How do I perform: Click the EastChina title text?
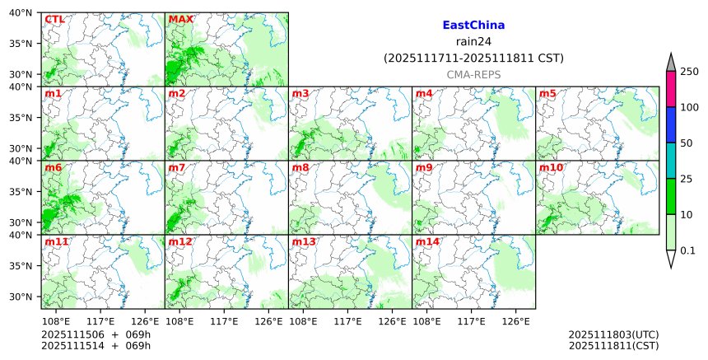tap(473, 26)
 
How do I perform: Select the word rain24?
tap(473, 42)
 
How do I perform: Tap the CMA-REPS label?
tap(473, 74)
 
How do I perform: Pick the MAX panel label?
tap(180, 19)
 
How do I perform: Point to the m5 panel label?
tap(548, 93)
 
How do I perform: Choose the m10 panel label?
tap(552, 167)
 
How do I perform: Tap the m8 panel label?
tap(300, 167)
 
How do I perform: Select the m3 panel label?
tap(300, 93)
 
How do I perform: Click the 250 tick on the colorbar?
tap(688, 72)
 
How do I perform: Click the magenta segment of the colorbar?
tap(670, 89)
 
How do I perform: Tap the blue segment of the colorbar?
tap(670, 124)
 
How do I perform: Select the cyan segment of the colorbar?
tap(670, 161)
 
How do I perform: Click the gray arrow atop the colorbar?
tap(670, 63)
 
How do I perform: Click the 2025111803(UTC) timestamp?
tap(613, 335)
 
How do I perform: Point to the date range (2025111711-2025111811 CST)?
tap(473, 58)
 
